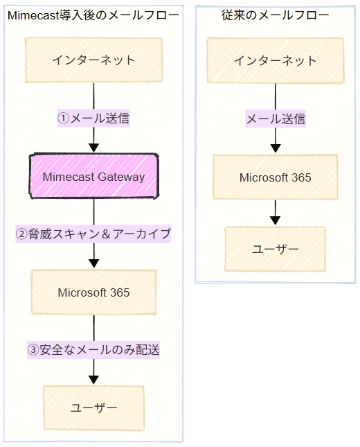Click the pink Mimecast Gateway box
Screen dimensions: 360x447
click(x=93, y=176)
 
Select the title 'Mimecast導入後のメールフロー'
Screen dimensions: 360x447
click(x=93, y=15)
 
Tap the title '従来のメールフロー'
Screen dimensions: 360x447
click(x=275, y=15)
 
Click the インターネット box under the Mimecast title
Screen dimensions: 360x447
click(x=93, y=60)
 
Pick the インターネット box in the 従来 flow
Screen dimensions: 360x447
click(x=275, y=60)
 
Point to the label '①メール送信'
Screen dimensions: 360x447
click(x=93, y=118)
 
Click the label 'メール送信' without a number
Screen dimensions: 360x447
click(x=276, y=119)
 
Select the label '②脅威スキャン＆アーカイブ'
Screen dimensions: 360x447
click(x=93, y=234)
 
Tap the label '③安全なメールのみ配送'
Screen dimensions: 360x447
click(x=93, y=350)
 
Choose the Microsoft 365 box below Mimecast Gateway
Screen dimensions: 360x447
click(x=93, y=292)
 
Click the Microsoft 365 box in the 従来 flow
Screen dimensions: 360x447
click(x=275, y=177)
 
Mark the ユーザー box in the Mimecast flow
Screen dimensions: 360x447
click(x=93, y=408)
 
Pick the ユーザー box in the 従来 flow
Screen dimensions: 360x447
click(x=275, y=249)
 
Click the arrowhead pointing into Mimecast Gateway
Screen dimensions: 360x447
click(x=93, y=148)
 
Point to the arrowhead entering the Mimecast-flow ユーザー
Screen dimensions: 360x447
click(x=93, y=380)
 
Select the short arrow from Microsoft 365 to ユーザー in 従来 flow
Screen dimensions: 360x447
click(x=275, y=213)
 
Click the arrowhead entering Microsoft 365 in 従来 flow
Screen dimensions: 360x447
click(x=276, y=148)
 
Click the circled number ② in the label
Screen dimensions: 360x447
click(x=21, y=234)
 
